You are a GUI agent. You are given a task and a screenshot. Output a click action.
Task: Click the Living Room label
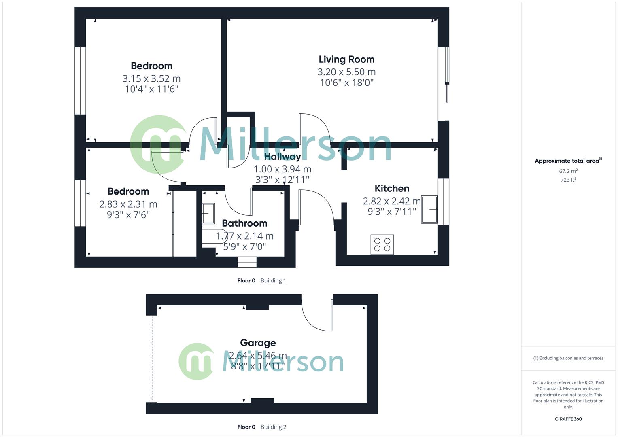pos(346,59)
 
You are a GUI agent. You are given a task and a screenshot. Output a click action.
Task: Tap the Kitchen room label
pos(392,188)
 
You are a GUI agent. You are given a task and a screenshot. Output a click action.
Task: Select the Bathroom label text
pos(244,223)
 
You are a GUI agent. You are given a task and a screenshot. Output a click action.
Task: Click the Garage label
pos(258,343)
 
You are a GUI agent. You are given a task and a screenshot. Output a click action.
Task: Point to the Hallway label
pos(282,157)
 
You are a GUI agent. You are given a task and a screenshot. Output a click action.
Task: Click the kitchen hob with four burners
pos(382,244)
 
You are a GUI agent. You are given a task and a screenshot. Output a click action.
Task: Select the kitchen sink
pos(429,210)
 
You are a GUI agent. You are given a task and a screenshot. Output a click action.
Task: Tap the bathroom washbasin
pos(208,213)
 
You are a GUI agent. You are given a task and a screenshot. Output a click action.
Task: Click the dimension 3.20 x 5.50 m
pos(346,72)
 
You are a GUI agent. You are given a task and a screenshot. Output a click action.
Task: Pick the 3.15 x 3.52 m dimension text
pos(151,78)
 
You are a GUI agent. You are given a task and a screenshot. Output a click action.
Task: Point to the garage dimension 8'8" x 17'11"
pos(258,366)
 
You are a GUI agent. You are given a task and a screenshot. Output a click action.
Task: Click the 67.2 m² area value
pos(568,171)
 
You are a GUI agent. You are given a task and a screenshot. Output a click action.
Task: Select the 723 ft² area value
pos(568,180)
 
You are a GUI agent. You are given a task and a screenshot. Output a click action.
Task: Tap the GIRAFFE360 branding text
pos(568,419)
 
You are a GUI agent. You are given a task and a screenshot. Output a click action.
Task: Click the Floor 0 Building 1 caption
pos(261,280)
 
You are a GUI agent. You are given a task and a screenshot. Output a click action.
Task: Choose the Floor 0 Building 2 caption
pos(261,427)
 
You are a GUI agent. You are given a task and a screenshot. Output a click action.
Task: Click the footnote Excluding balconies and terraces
pos(568,358)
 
